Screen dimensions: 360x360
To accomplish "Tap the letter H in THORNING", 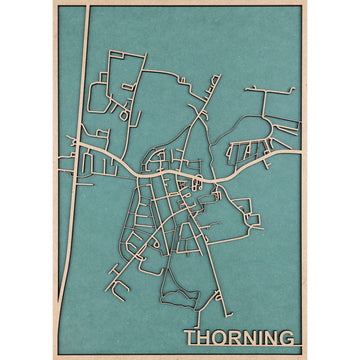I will (202, 338).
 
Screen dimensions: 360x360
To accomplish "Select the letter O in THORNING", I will (219, 338).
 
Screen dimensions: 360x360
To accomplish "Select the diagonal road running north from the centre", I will (200, 110).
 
